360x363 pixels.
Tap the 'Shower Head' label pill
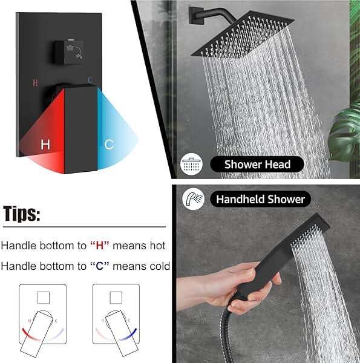(257, 164)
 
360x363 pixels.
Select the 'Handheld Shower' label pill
(260, 198)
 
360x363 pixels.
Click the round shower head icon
(192, 165)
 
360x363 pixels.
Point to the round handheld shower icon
(193, 198)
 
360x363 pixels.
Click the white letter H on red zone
(45, 145)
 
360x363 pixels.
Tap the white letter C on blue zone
(109, 145)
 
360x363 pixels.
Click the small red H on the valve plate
(35, 81)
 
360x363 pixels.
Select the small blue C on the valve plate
(90, 79)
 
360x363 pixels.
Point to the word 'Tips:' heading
(22, 214)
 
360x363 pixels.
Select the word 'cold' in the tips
(157, 266)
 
